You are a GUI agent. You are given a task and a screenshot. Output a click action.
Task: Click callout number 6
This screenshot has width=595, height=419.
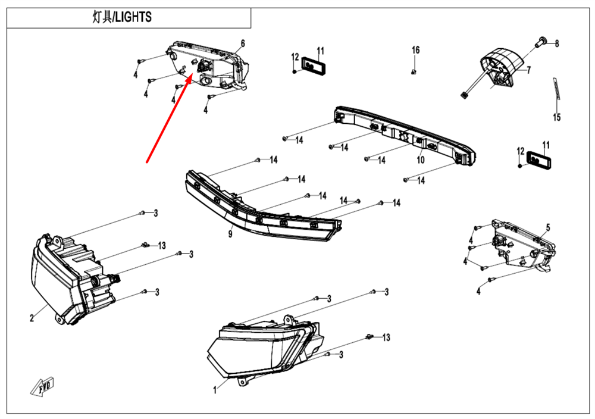pos(243,43)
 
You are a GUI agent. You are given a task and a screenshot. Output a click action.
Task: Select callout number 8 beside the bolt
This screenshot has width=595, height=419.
pos(557,43)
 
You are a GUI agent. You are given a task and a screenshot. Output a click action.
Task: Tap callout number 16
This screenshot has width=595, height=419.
pos(416,50)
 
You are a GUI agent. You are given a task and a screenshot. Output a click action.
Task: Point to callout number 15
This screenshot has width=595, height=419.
pos(556,117)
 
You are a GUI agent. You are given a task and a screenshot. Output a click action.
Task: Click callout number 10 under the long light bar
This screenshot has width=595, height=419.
pos(420,160)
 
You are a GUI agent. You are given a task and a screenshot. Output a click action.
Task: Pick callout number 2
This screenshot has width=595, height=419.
pos(32,318)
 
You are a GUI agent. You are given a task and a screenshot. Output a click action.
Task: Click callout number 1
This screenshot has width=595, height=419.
pos(215,390)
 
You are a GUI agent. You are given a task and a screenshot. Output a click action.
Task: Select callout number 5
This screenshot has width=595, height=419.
pos(548,227)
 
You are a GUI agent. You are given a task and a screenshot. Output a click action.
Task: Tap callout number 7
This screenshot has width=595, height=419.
pos(528,70)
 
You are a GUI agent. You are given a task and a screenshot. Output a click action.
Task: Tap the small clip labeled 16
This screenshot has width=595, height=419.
pos(414,72)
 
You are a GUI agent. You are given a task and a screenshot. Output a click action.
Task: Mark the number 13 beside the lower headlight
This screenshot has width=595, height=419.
pos(386,337)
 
